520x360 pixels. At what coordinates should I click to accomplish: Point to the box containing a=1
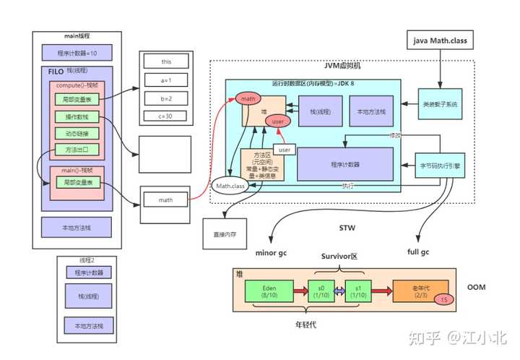click(166, 80)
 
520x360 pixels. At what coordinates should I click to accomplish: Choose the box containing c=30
click(166, 116)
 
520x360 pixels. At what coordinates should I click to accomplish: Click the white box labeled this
click(166, 61)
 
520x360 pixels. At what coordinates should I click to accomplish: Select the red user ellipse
click(277, 122)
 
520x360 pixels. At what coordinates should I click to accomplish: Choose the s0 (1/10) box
click(319, 291)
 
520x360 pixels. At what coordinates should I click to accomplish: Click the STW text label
click(347, 229)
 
